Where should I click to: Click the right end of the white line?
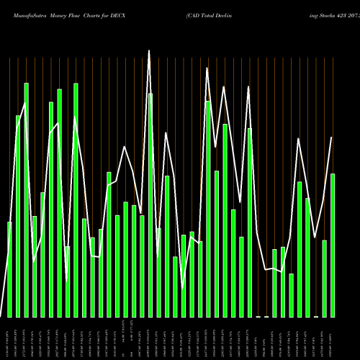tap(332, 137)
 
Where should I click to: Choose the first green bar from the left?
tap(9, 269)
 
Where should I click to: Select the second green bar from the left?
tap(18, 216)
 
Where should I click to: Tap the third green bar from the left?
tap(26, 200)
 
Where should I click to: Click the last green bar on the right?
tap(333, 245)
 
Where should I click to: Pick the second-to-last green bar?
tap(324, 278)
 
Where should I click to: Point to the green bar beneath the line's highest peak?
tap(150, 205)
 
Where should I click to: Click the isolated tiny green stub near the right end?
tap(316, 316)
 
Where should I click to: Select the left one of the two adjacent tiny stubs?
tap(258, 316)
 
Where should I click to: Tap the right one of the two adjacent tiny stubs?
tap(266, 316)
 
